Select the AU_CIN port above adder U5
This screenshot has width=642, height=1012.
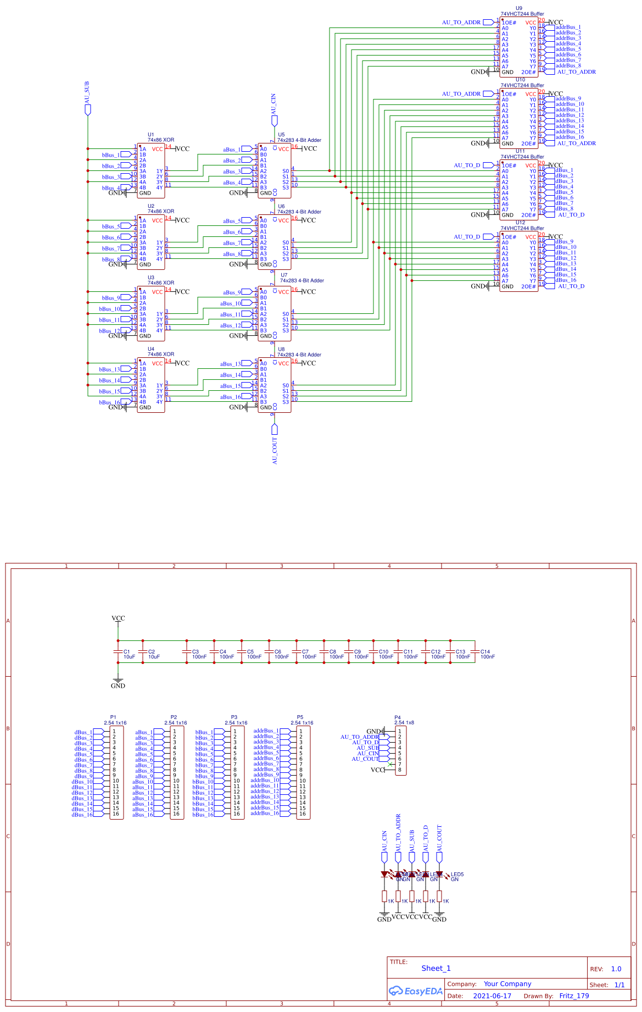273,104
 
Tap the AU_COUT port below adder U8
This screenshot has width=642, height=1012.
275,450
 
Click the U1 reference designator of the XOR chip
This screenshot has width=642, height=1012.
151,135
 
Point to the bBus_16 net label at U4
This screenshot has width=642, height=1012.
109,402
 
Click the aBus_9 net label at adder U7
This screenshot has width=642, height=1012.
232,292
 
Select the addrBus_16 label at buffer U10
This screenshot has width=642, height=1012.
570,137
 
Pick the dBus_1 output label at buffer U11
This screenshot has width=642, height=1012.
564,170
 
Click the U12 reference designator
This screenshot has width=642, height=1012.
520,223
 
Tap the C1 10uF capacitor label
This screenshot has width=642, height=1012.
129,654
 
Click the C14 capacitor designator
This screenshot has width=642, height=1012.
485,651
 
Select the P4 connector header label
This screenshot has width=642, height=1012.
398,717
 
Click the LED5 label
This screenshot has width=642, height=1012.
457,874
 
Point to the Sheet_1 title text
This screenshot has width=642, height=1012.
436,969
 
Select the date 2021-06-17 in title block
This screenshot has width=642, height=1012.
492,996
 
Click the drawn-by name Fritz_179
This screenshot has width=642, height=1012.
574,996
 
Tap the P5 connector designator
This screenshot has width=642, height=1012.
300,717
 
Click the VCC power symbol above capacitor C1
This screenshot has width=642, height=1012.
118,618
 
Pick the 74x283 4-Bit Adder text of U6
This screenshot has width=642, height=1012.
299,212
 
